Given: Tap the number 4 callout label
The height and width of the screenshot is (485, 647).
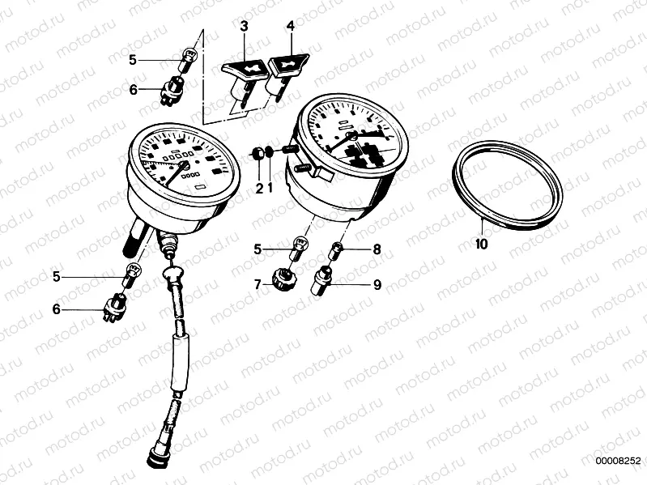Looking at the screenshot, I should coord(290,27).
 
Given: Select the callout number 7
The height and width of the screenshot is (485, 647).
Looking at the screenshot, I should coord(258,285).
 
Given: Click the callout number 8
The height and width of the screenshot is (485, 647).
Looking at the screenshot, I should coord(376,250).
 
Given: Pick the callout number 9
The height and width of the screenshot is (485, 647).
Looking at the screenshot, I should coord(377,285).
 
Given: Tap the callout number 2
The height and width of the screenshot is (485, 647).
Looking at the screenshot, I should coord(260,189).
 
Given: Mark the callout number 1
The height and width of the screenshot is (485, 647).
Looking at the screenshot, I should coord(270,189).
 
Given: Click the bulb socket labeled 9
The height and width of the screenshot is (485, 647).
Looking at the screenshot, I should coord(323,282).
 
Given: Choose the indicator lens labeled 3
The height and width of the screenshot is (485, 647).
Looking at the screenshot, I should coord(242,70).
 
